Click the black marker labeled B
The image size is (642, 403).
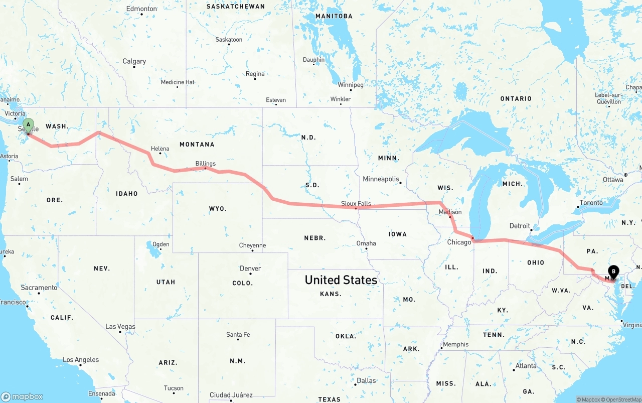(614, 273)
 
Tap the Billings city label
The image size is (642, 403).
(206, 164)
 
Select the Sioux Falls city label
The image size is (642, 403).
(356, 203)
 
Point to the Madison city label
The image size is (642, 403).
(450, 212)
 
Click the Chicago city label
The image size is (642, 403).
(459, 242)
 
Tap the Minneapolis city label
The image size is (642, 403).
(381, 179)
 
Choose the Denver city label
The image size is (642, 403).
(250, 268)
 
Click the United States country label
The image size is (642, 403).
(341, 280)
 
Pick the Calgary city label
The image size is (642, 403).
(134, 61)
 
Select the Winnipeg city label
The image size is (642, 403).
(351, 85)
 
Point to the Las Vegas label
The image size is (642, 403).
(120, 327)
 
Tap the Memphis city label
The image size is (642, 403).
(456, 344)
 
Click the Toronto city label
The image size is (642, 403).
(591, 203)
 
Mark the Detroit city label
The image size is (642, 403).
(520, 226)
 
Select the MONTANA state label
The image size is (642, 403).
(197, 145)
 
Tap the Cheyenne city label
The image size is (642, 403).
(252, 245)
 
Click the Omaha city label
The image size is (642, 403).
(366, 243)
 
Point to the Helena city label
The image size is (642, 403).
(160, 149)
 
